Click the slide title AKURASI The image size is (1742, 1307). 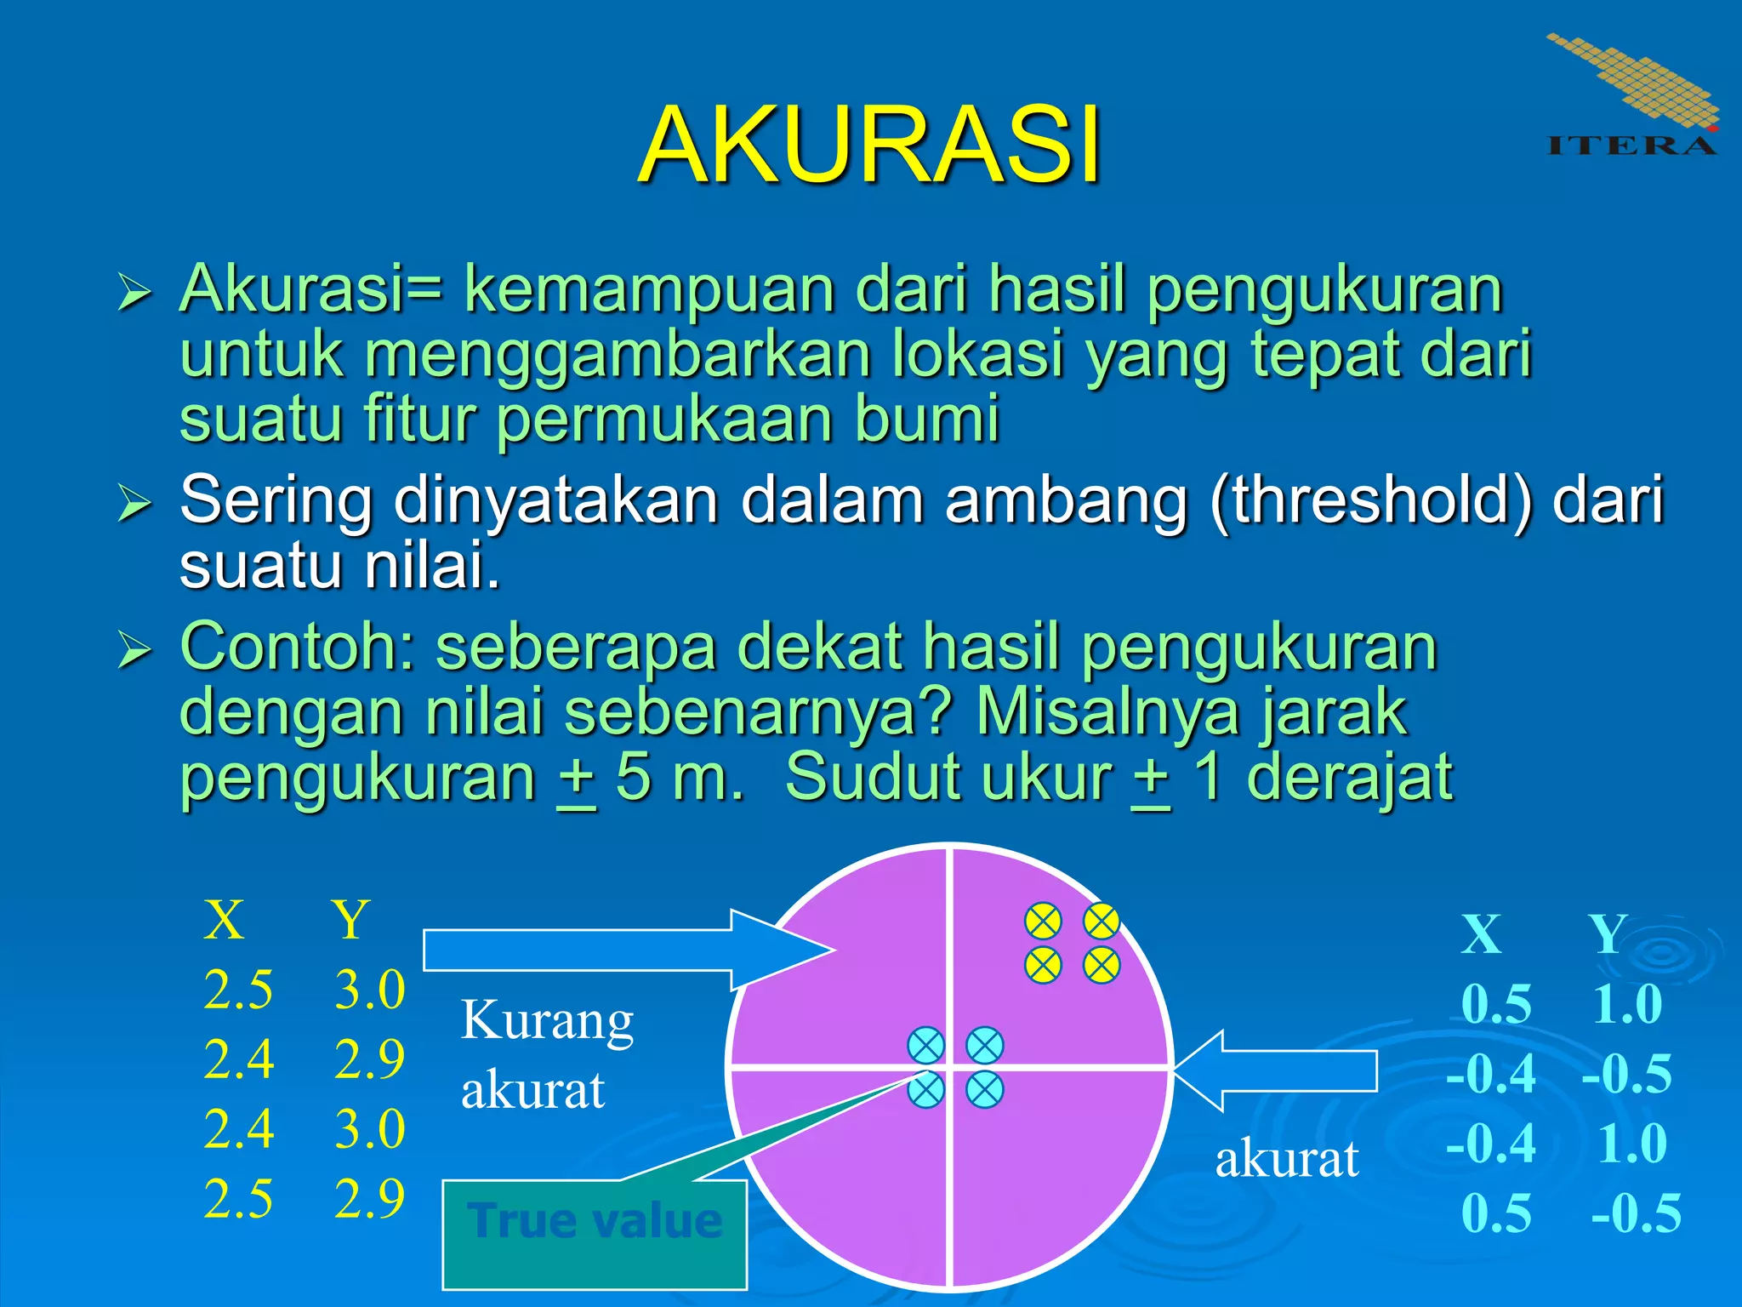point(869,145)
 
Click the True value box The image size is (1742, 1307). point(595,1222)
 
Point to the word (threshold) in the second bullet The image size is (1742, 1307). point(1370,500)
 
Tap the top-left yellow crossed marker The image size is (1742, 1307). point(1043,921)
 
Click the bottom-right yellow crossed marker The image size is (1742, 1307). point(1102,966)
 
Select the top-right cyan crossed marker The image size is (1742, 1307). point(985,1046)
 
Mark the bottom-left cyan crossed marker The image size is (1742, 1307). point(926,1090)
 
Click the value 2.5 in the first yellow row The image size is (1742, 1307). point(238,990)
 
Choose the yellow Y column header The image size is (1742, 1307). point(351,920)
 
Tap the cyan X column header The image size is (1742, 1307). point(1481,934)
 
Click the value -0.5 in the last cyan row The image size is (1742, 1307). point(1636,1213)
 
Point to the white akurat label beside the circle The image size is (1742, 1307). point(1286,1159)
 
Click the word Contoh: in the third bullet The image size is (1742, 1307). point(296,647)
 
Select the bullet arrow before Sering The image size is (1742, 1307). point(134,502)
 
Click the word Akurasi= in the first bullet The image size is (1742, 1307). point(311,289)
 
